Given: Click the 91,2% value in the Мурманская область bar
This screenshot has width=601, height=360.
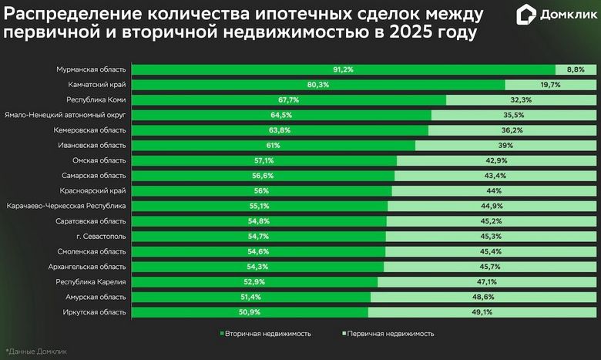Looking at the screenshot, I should point(343,69).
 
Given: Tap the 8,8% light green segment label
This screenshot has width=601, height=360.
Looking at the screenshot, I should point(575,69).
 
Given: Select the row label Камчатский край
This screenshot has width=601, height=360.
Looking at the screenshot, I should point(96,85).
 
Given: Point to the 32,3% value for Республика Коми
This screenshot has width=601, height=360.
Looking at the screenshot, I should point(521,100).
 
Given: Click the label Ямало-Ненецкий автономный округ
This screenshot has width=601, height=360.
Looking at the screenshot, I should point(65,115).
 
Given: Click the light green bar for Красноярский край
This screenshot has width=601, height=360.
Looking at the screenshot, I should point(493,190).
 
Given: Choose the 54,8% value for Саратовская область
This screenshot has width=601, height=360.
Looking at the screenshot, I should point(259,221).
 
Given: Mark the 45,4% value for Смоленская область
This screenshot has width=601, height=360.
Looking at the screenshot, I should point(490,251).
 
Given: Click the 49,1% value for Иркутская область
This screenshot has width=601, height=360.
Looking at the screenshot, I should point(482,311).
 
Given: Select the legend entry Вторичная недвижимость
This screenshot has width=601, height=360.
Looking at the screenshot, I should point(266,334).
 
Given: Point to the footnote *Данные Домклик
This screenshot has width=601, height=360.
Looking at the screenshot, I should point(36,352).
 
